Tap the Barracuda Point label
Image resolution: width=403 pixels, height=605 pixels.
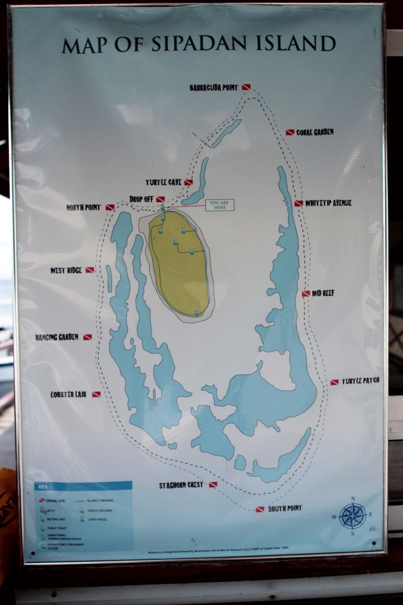click(214, 88)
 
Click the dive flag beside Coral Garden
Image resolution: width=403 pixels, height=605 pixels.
click(290, 132)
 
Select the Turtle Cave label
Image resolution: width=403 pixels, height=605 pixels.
click(164, 182)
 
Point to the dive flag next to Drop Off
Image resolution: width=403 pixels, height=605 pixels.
click(160, 199)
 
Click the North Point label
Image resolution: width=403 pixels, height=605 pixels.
click(84, 207)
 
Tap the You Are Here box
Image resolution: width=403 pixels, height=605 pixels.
click(220, 205)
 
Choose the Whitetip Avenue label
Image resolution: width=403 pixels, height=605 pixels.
click(328, 203)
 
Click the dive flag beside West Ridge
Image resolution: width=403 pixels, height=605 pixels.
click(90, 270)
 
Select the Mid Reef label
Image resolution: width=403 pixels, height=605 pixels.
click(323, 293)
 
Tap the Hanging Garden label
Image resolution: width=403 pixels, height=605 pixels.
click(57, 337)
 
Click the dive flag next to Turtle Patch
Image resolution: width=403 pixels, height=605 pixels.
click(335, 382)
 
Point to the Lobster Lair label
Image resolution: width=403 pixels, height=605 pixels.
click(68, 394)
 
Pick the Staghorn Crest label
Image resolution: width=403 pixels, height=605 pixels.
click(181, 485)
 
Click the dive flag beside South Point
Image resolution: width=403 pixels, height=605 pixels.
click(260, 509)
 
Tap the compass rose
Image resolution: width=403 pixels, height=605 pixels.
click(352, 516)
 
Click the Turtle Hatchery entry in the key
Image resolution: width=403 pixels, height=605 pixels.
click(100, 510)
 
